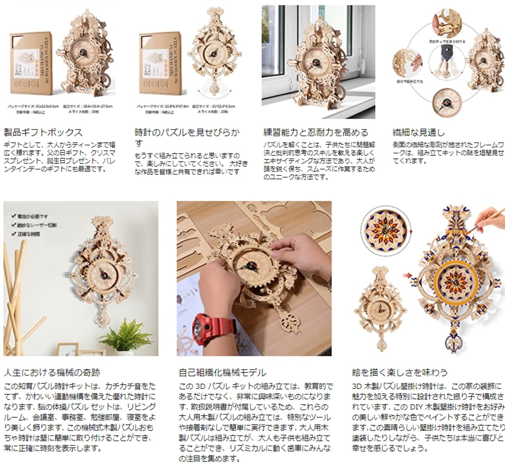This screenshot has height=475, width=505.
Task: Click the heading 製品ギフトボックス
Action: pos(43,132)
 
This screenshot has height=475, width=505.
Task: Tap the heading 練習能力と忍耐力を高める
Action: pos(315,132)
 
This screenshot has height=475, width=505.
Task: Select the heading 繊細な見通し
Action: pos(418,132)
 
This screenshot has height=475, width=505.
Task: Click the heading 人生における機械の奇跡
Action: pos(52,372)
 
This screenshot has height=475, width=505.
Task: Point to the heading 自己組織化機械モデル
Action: pos(222,372)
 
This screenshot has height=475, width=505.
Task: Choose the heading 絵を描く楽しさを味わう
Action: pos(400,372)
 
